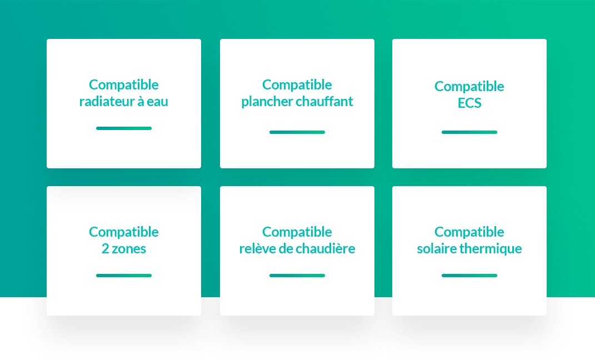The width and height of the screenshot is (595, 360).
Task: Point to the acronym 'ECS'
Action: [469, 103]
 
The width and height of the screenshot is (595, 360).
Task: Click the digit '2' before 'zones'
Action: [105, 248]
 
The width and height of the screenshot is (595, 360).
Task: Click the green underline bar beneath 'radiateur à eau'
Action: [124, 128]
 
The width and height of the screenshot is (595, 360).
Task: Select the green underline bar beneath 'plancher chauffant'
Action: [297, 132]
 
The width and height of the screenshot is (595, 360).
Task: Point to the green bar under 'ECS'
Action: [469, 132]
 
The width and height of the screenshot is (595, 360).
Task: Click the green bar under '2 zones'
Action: [124, 276]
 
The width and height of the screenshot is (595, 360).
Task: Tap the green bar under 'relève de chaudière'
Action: [297, 276]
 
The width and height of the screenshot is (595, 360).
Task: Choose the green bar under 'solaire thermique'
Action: [469, 276]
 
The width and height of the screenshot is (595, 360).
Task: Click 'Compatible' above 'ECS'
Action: [469, 87]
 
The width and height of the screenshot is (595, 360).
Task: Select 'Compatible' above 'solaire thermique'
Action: [469, 232]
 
